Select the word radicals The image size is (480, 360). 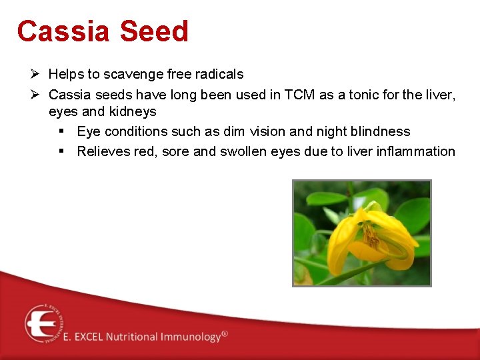pos(218,74)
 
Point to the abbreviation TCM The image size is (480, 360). pos(299,95)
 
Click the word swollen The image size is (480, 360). pos(242,151)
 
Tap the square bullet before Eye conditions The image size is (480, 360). pos(62,131)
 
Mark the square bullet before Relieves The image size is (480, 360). pos(62,151)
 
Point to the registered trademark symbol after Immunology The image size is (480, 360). pos(225,333)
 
